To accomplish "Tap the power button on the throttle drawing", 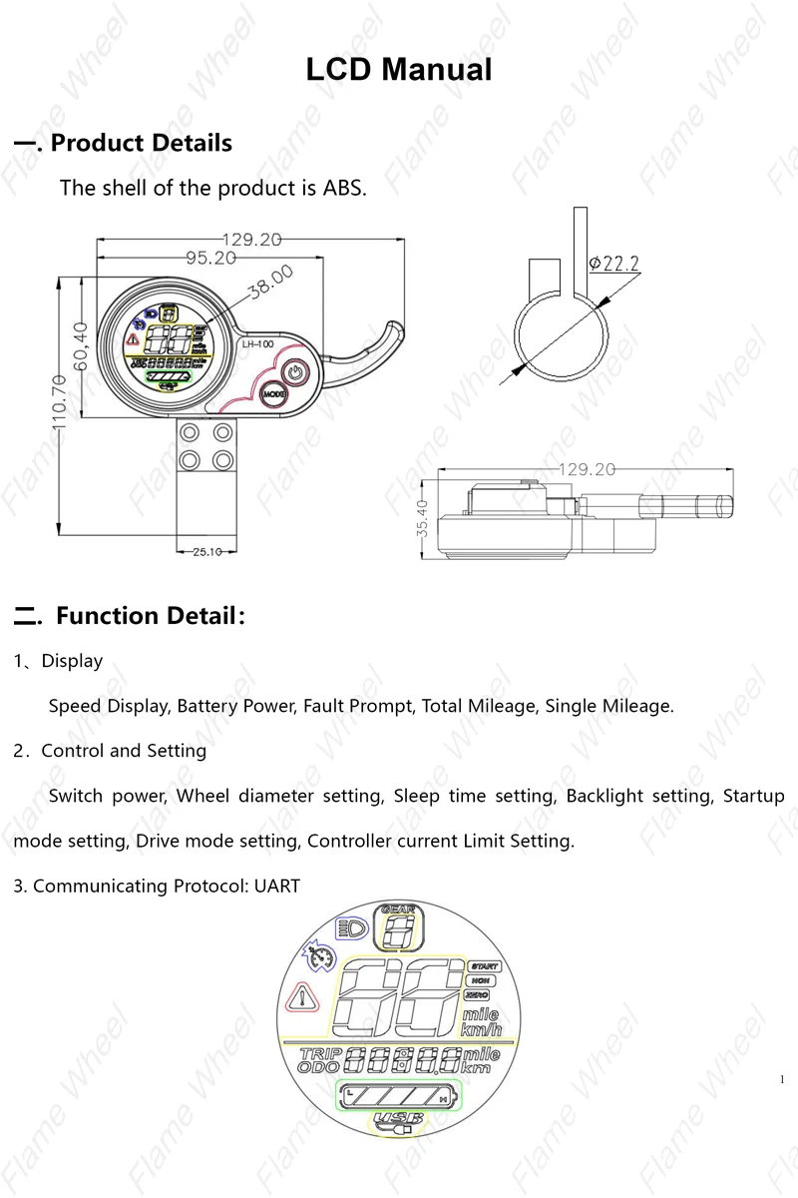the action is (293, 373).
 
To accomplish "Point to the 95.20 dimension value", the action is (210, 258).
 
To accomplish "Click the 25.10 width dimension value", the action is (206, 551).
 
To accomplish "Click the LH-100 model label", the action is (257, 344).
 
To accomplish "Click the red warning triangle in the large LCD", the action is (301, 997).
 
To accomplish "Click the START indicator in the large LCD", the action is (484, 966).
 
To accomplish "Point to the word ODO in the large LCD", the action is (318, 1067).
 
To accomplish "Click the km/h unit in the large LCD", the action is (480, 1029).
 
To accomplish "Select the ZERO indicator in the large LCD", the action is (477, 996).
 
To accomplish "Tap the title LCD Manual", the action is (399, 70).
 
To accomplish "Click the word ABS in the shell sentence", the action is (343, 188).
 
